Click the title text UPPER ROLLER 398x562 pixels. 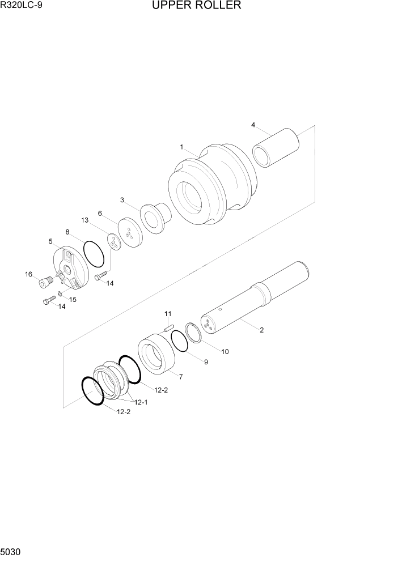[x=196, y=6]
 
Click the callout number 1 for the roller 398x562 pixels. [x=181, y=147]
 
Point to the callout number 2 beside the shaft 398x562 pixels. [x=261, y=330]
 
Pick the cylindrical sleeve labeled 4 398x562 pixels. [x=276, y=147]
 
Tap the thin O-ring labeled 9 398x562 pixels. [x=179, y=342]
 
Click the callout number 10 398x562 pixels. [x=225, y=351]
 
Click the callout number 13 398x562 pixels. [x=84, y=220]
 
